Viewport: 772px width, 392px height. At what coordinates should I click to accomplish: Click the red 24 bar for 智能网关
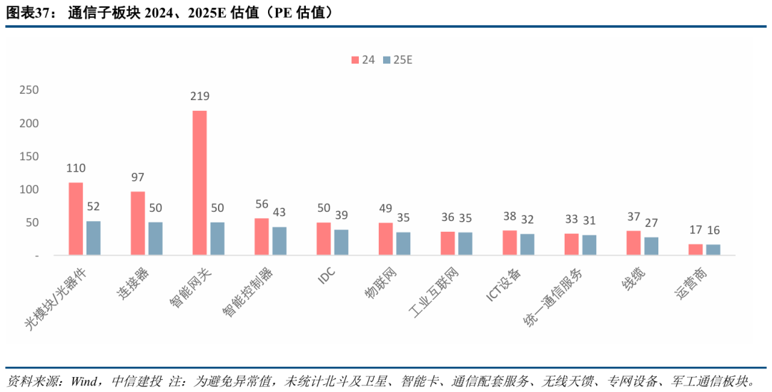point(199,183)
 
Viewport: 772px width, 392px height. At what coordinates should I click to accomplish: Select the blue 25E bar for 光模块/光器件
point(94,238)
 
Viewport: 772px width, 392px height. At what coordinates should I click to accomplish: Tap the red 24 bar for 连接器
point(138,223)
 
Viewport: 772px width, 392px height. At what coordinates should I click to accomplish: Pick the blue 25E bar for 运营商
point(713,250)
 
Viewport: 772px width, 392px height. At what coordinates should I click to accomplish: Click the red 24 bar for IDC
point(324,239)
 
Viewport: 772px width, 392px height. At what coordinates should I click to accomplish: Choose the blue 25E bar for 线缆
point(651,246)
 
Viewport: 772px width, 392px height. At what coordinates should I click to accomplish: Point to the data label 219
point(199,96)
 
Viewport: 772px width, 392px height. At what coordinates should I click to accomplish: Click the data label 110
point(76,168)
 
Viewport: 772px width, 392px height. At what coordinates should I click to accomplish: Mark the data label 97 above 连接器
point(138,177)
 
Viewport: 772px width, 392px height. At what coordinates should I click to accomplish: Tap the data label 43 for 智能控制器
point(279,212)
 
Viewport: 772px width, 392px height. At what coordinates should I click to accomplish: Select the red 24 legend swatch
point(355,60)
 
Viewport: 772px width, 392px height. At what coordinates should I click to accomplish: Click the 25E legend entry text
point(403,60)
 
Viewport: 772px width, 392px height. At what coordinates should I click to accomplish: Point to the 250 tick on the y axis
point(29,90)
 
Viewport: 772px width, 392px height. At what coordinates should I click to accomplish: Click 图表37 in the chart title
point(29,13)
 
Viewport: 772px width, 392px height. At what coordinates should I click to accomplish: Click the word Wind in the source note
point(85,380)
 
